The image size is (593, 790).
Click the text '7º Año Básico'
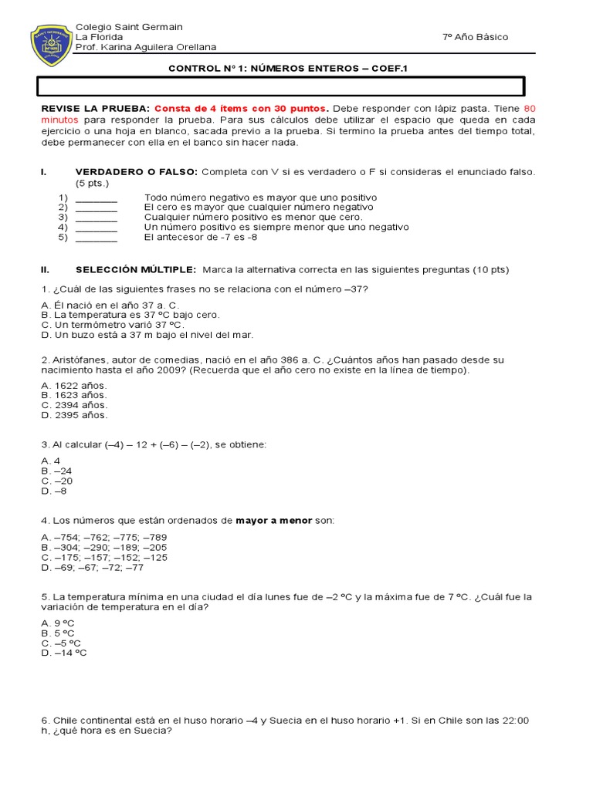tap(475, 37)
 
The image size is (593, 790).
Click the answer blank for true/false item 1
tap(97, 197)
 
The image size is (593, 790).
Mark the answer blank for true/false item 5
tap(97, 238)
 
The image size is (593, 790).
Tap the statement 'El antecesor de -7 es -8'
tap(201, 238)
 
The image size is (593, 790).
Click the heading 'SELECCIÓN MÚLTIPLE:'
tap(136, 270)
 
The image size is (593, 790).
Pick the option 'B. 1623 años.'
tap(74, 395)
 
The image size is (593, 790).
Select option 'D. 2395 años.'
tap(74, 415)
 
